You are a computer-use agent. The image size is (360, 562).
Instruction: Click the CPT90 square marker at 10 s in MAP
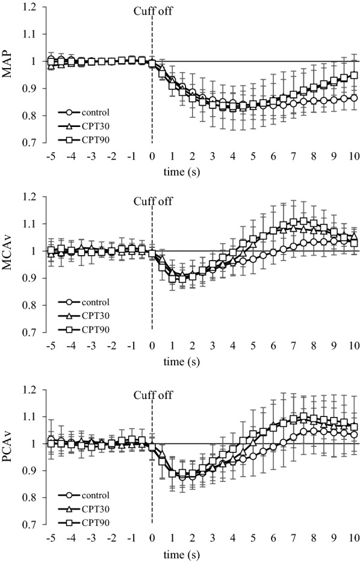click(x=353, y=76)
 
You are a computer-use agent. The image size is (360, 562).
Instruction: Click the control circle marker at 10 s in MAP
click(x=353, y=97)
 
